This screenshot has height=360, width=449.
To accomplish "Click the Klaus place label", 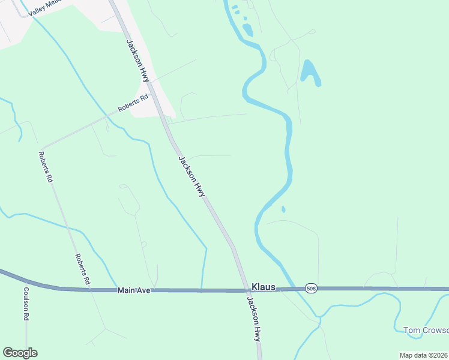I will [263, 287].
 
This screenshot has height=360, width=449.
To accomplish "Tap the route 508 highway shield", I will [310, 289].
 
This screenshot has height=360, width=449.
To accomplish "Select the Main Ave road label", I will [133, 290].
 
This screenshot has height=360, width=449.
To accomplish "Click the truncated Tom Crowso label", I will [426, 330].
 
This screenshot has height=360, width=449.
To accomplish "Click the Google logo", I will [20, 353].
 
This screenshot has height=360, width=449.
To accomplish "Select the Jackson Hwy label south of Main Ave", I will [255, 320].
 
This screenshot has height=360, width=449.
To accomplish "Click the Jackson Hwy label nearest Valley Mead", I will [137, 61].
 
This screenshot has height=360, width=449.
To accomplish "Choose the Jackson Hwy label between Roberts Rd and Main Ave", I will [192, 176].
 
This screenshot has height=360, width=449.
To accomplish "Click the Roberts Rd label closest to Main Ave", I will [82, 268].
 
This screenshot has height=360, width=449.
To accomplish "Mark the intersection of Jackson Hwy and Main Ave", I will [246, 290].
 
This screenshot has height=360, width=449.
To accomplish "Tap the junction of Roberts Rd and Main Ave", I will [90, 290].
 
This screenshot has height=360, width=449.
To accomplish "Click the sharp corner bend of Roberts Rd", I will [42, 148].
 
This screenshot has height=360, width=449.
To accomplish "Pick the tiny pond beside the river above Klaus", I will [283, 209].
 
